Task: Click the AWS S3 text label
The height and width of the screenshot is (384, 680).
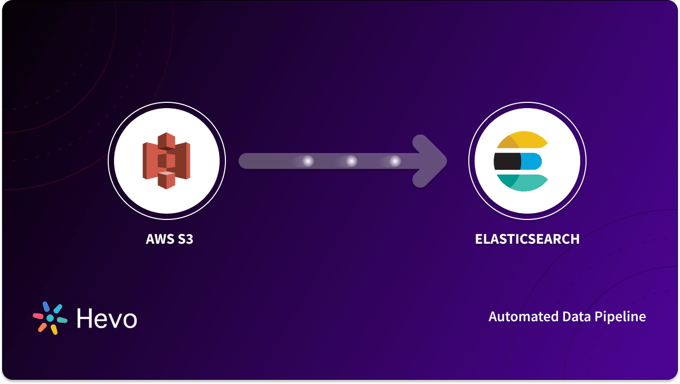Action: coord(169,239)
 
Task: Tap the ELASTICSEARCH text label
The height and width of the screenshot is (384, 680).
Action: coord(527,239)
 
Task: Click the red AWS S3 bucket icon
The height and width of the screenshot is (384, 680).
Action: coord(166,161)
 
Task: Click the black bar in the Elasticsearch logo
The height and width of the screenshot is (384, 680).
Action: coord(507,161)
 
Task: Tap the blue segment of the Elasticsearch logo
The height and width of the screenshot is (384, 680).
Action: coord(531,161)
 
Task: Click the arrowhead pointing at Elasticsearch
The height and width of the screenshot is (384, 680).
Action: coord(430,161)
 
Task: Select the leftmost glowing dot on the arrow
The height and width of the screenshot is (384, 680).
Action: coord(308,161)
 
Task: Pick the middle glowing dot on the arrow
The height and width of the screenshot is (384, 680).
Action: coord(352,161)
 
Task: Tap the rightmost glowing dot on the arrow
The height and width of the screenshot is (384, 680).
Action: coord(395,161)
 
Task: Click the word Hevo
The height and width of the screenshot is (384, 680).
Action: coord(107,318)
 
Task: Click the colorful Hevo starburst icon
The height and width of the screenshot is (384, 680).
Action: coord(50,318)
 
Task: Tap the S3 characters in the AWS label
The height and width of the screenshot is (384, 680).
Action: coord(185,239)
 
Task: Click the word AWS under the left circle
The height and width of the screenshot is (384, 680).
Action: coord(160,239)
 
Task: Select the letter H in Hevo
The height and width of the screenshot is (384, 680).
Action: coord(84,318)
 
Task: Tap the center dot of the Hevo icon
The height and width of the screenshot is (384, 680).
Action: coord(50,318)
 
